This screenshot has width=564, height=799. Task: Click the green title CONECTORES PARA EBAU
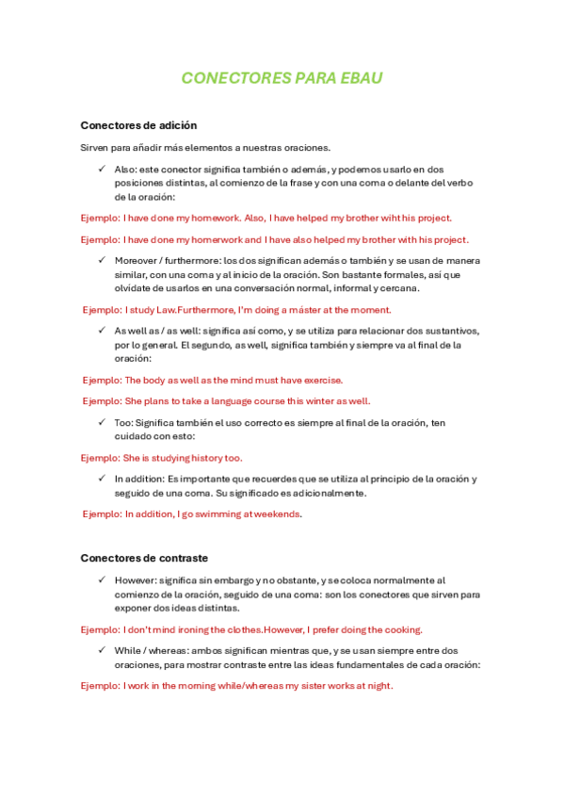point(282,78)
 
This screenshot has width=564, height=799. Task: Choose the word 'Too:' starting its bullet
point(124,423)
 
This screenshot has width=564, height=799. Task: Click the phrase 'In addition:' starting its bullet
point(139,479)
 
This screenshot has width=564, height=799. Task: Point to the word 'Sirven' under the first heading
point(95,147)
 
